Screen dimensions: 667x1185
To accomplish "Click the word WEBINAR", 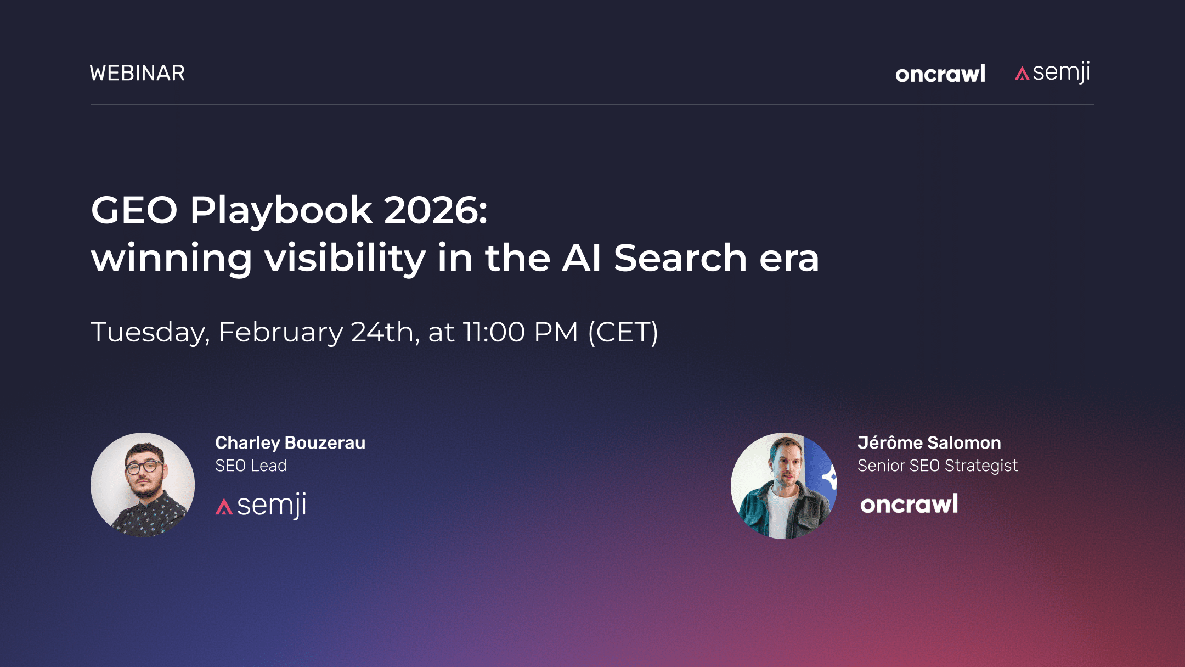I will tap(137, 73).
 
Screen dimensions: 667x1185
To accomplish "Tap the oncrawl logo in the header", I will tap(940, 74).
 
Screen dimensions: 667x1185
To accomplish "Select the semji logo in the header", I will tap(1053, 73).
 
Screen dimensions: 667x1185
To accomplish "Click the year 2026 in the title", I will tap(435, 210).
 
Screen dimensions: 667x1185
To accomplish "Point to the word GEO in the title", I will tap(134, 210).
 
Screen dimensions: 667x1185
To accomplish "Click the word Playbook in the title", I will tap(281, 211).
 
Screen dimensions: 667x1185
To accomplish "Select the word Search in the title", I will tap(680, 258).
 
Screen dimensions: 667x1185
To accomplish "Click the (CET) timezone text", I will tap(623, 332).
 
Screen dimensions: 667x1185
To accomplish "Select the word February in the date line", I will tap(280, 333).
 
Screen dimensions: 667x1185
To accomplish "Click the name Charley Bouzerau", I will tap(290, 442).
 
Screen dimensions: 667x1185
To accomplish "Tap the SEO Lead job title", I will tap(251, 466).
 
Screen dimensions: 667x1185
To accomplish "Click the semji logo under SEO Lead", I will tap(261, 506).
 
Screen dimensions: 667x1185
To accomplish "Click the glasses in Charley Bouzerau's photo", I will tap(144, 467).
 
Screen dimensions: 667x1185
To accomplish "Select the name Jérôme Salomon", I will tap(929, 442).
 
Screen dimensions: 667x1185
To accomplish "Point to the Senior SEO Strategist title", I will tap(937, 466).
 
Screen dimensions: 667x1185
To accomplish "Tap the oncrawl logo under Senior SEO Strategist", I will tap(909, 504).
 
